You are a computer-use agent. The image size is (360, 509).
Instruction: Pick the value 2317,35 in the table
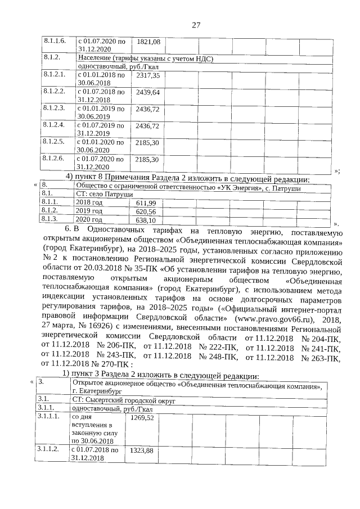click(148, 75)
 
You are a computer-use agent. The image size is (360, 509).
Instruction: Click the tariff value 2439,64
click(148, 92)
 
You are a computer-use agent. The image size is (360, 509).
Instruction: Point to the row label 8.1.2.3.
click(55, 107)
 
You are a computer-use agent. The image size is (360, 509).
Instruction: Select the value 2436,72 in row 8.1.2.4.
click(148, 125)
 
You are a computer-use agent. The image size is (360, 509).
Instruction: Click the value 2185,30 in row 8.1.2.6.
click(148, 160)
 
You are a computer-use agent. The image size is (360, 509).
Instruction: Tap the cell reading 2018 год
click(89, 202)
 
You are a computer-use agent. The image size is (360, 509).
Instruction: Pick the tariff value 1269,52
click(142, 418)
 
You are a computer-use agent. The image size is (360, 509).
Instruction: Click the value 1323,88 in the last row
click(142, 451)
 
